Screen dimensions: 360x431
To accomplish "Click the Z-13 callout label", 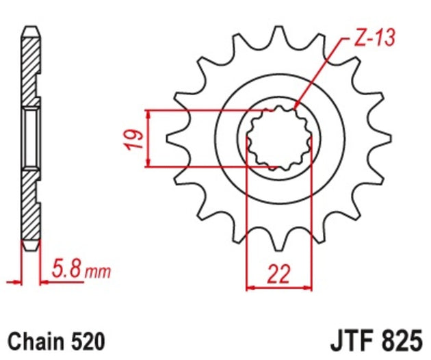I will tap(374, 38).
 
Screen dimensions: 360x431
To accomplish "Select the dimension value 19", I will tap(137, 138).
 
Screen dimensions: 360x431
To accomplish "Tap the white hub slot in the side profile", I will tap(31, 138).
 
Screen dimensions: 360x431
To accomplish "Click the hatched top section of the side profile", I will tap(31, 65).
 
